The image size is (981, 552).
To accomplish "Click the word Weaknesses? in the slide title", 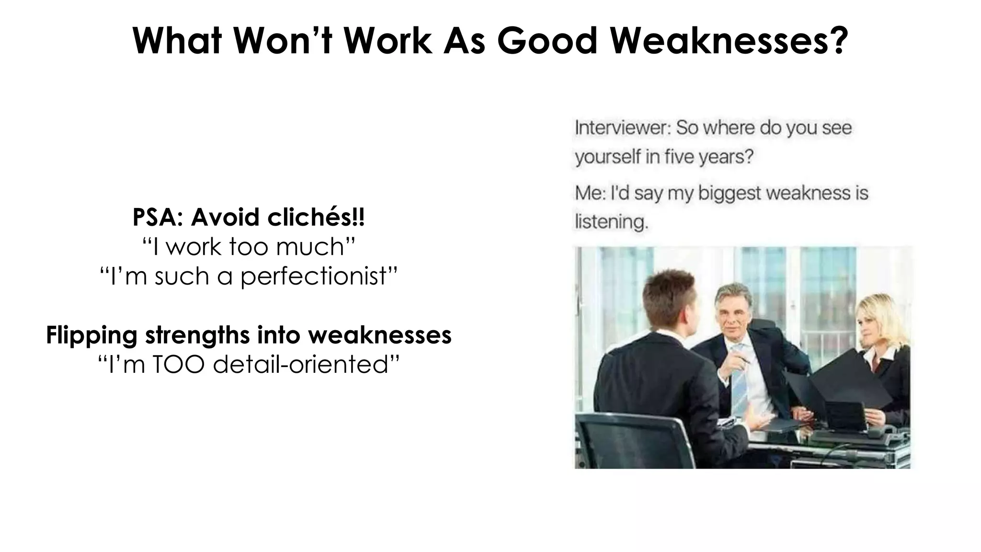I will tap(729, 41).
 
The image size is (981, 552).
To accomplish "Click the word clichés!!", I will tap(316, 218).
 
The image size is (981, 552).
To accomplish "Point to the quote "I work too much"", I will tap(249, 247).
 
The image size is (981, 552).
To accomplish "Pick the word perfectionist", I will tap(314, 276).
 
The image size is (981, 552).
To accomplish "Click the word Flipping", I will tap(92, 335).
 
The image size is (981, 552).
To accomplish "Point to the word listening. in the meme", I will tap(611, 222).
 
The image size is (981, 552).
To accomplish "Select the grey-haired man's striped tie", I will tap(739, 379).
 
